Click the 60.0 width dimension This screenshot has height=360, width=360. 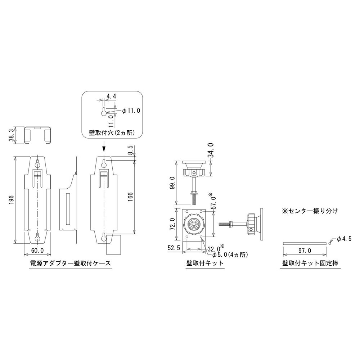[x=37, y=250]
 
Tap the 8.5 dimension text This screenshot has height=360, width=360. [x=130, y=150]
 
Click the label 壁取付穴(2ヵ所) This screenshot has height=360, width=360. [x=112, y=132]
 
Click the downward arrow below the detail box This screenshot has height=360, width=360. [x=104, y=147]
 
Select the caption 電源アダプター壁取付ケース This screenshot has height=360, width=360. [x=70, y=263]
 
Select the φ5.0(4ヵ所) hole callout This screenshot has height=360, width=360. [x=228, y=255]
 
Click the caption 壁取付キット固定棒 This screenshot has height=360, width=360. [x=310, y=263]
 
